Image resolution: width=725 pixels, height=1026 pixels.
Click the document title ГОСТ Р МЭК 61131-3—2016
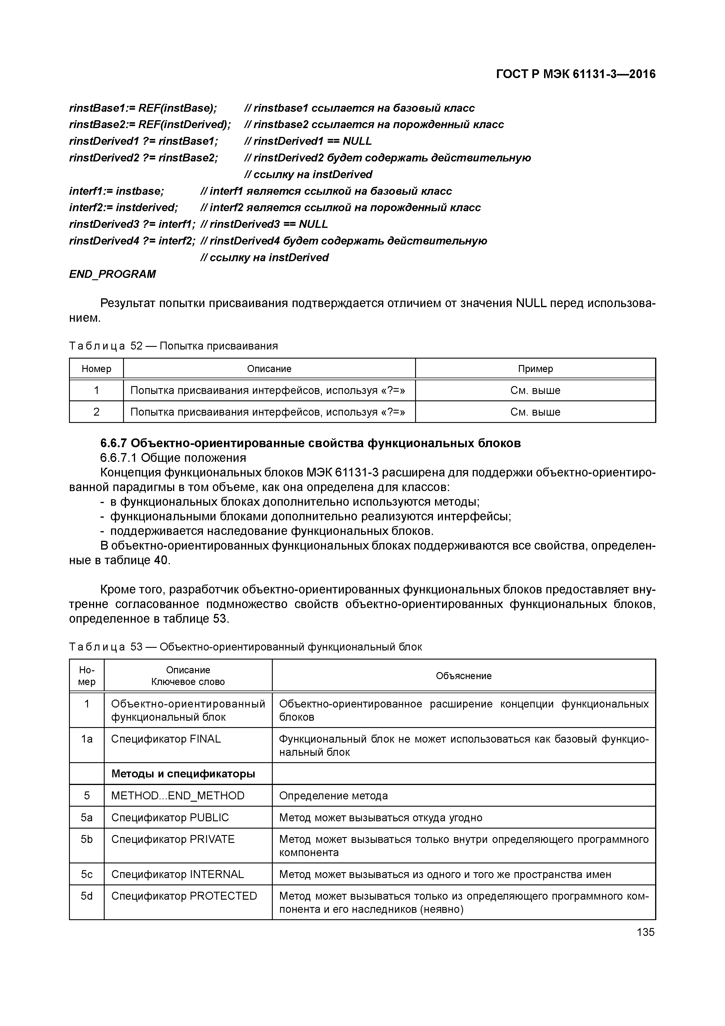point(576,74)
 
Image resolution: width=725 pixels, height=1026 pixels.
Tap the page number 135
point(645,932)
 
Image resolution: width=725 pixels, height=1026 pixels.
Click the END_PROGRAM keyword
point(113,274)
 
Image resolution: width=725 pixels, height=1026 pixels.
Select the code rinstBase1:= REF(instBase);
point(143,108)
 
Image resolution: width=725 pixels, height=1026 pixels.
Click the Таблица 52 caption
point(173,346)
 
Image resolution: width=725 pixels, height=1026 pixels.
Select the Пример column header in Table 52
point(535,369)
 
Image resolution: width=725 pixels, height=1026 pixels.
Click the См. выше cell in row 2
point(535,412)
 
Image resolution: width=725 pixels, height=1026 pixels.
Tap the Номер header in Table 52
point(96,369)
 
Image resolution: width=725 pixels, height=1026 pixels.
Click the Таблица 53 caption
point(245,647)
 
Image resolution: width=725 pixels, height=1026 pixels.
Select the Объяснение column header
point(464,676)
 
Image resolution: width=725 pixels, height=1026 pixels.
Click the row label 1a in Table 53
point(87,739)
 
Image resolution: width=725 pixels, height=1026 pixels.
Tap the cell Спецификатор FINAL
point(166,739)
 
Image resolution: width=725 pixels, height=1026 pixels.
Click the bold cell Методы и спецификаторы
point(183,774)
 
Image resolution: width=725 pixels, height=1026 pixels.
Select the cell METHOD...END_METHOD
point(178,796)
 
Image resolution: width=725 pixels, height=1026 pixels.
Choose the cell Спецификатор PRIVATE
point(173,839)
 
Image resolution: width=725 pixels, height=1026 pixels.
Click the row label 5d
point(87,896)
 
